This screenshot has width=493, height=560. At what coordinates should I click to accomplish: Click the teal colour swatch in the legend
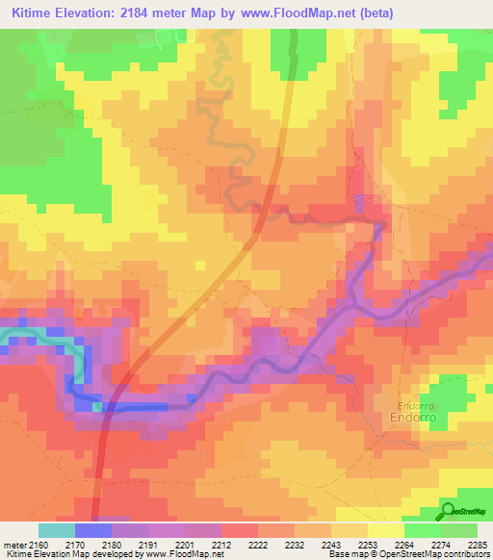[x=56, y=530]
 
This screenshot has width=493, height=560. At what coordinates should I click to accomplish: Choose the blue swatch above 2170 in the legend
[x=92, y=530]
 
